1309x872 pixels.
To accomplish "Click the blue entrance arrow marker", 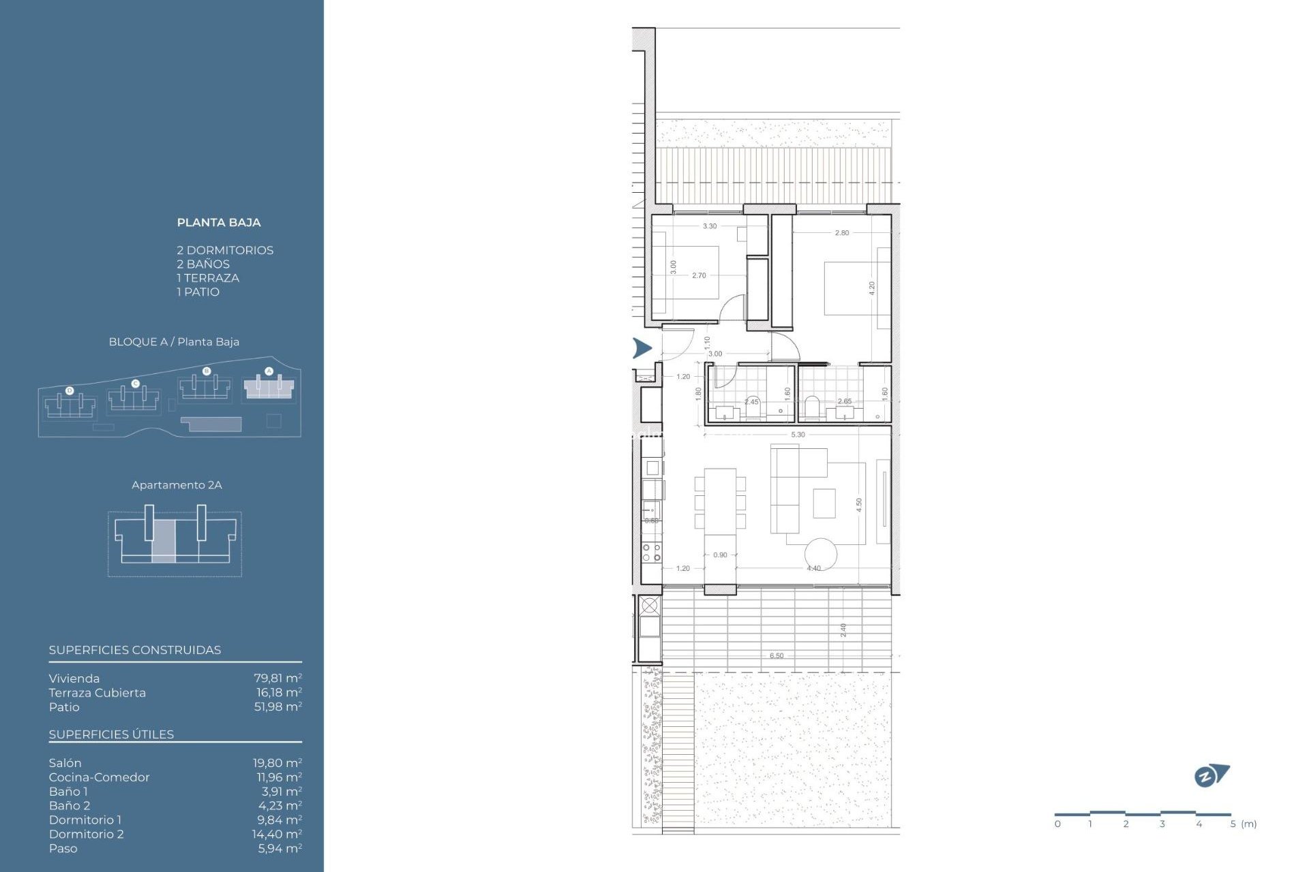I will coord(642,348).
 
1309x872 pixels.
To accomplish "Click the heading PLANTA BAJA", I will coord(218,222).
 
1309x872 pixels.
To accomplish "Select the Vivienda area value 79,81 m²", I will coord(277,679).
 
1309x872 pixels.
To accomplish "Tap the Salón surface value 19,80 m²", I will coord(277,763).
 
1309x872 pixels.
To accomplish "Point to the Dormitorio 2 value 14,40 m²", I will coord(276,834).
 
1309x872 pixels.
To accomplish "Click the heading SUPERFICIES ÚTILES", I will coord(111,734).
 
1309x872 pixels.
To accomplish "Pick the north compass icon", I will coord(1211,775).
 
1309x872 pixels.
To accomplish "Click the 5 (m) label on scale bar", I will coord(1243,824).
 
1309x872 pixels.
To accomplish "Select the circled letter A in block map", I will coord(269,371).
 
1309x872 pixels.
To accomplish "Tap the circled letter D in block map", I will coord(70,390).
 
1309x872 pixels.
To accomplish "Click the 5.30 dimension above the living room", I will coord(798,435).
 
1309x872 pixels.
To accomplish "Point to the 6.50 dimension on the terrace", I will coord(777,656).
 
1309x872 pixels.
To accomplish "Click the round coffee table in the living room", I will coord(820,554).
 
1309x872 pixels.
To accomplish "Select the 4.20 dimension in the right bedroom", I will coord(872,288).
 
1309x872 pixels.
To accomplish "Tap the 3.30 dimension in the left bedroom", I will coord(710,226).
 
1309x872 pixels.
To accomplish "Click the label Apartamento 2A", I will coord(177,485).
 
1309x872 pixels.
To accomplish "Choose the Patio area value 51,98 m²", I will coord(277,706).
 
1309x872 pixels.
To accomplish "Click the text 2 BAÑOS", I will coord(203,264).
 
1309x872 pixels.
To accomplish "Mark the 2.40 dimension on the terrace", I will coord(843,629).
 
